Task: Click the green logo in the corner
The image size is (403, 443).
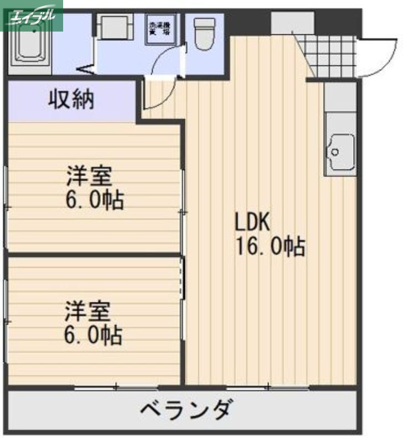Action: [32, 16]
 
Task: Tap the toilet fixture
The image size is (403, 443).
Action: [205, 34]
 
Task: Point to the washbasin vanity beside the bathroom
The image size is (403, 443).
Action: [113, 26]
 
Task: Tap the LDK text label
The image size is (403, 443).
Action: [252, 223]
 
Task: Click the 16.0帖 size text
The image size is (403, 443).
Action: [270, 246]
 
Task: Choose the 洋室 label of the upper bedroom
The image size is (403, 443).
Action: [89, 177]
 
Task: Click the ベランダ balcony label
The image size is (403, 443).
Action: [184, 411]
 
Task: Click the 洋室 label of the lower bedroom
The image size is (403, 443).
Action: [88, 312]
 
